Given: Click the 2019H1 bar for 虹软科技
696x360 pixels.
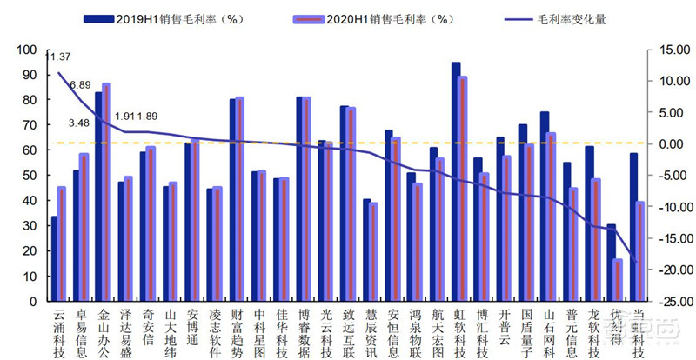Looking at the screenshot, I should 456,183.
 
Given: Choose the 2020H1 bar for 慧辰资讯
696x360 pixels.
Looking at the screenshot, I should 373,252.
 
